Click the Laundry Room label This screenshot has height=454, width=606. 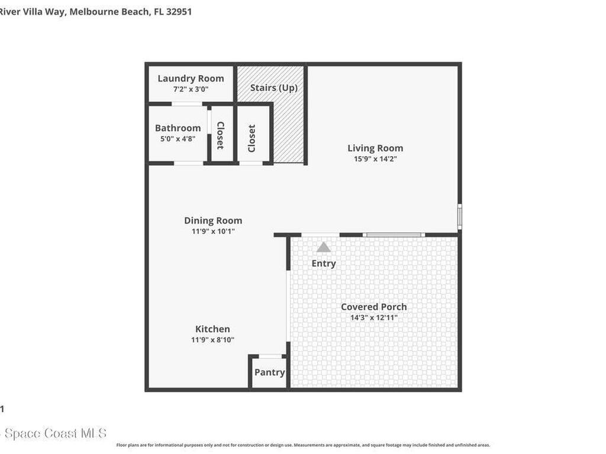pyautogui.click(x=191, y=78)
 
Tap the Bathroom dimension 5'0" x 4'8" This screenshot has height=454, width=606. pyautogui.click(x=178, y=139)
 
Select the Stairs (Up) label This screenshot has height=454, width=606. pyautogui.click(x=273, y=87)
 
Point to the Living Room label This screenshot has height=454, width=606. pyautogui.click(x=375, y=148)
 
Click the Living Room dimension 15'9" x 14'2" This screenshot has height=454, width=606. pyautogui.click(x=375, y=159)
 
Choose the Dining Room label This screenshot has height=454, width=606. pyautogui.click(x=213, y=220)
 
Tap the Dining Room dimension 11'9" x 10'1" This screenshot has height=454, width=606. pyautogui.click(x=213, y=231)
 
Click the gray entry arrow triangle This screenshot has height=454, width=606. pyautogui.click(x=323, y=247)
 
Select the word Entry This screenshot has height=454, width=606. pyautogui.click(x=324, y=263)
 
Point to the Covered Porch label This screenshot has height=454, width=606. pyautogui.click(x=374, y=306)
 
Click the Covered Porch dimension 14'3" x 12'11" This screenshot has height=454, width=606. pyautogui.click(x=374, y=317)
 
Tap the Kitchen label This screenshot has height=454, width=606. pyautogui.click(x=213, y=329)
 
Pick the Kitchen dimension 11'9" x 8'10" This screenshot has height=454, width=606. pyautogui.click(x=213, y=340)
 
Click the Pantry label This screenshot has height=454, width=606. pyautogui.click(x=269, y=372)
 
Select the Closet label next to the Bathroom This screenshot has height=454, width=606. pyautogui.click(x=220, y=135)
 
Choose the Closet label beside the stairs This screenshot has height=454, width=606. pyautogui.click(x=252, y=138)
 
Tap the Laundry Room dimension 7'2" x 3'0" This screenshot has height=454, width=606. pyautogui.click(x=191, y=89)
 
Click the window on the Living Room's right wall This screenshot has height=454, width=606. pyautogui.click(x=460, y=216)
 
